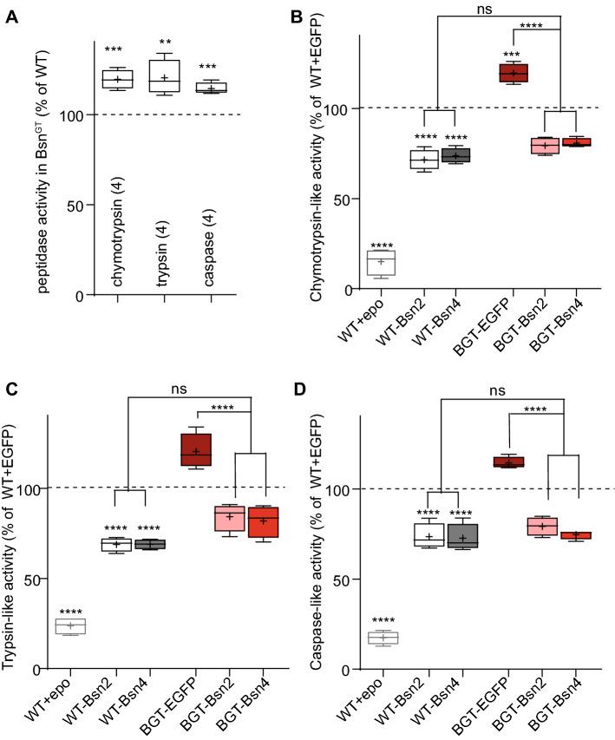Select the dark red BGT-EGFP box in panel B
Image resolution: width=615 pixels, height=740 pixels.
519,72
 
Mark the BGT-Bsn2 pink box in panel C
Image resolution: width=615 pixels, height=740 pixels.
230,518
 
